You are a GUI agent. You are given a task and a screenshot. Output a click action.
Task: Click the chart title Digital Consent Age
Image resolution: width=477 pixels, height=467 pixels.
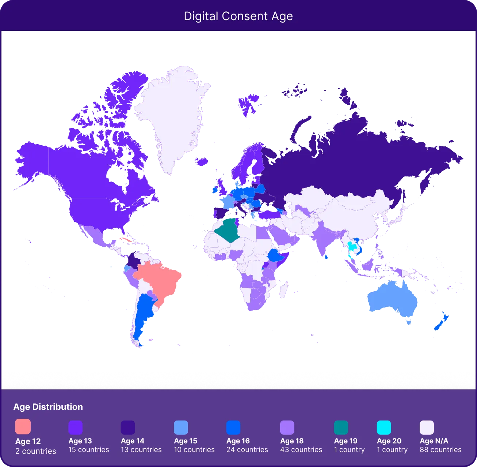click(238, 16)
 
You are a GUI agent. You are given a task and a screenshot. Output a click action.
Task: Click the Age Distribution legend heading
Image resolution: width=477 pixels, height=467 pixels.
click(48, 407)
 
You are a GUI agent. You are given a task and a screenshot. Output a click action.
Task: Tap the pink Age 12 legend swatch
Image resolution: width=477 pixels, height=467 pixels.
click(23, 426)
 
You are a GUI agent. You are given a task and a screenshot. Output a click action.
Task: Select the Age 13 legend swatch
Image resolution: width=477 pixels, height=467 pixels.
click(75, 427)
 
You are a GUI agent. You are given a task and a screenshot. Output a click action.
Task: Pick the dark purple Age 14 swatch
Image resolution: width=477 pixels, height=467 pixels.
click(128, 427)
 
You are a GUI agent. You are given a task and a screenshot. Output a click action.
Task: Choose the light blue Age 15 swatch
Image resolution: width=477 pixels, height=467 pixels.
click(181, 427)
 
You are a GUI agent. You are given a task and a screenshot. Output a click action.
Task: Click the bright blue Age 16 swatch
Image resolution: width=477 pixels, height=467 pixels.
click(233, 427)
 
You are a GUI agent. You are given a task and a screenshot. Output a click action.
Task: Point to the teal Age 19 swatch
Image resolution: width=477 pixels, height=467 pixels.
click(341, 427)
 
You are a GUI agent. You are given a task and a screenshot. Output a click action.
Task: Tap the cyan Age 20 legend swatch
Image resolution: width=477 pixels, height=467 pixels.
click(384, 427)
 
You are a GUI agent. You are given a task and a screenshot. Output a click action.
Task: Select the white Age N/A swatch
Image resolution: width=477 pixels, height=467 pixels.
click(427, 427)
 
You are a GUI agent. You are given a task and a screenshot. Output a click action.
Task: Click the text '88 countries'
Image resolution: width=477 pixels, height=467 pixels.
click(440, 450)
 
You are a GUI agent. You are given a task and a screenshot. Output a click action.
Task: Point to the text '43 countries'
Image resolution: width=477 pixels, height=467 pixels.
click(301, 450)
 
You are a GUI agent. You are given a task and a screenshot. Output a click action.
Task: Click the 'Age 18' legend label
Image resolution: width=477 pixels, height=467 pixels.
click(292, 441)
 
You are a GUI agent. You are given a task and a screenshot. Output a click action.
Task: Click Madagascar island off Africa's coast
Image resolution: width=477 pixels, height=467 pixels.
click(282, 289)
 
